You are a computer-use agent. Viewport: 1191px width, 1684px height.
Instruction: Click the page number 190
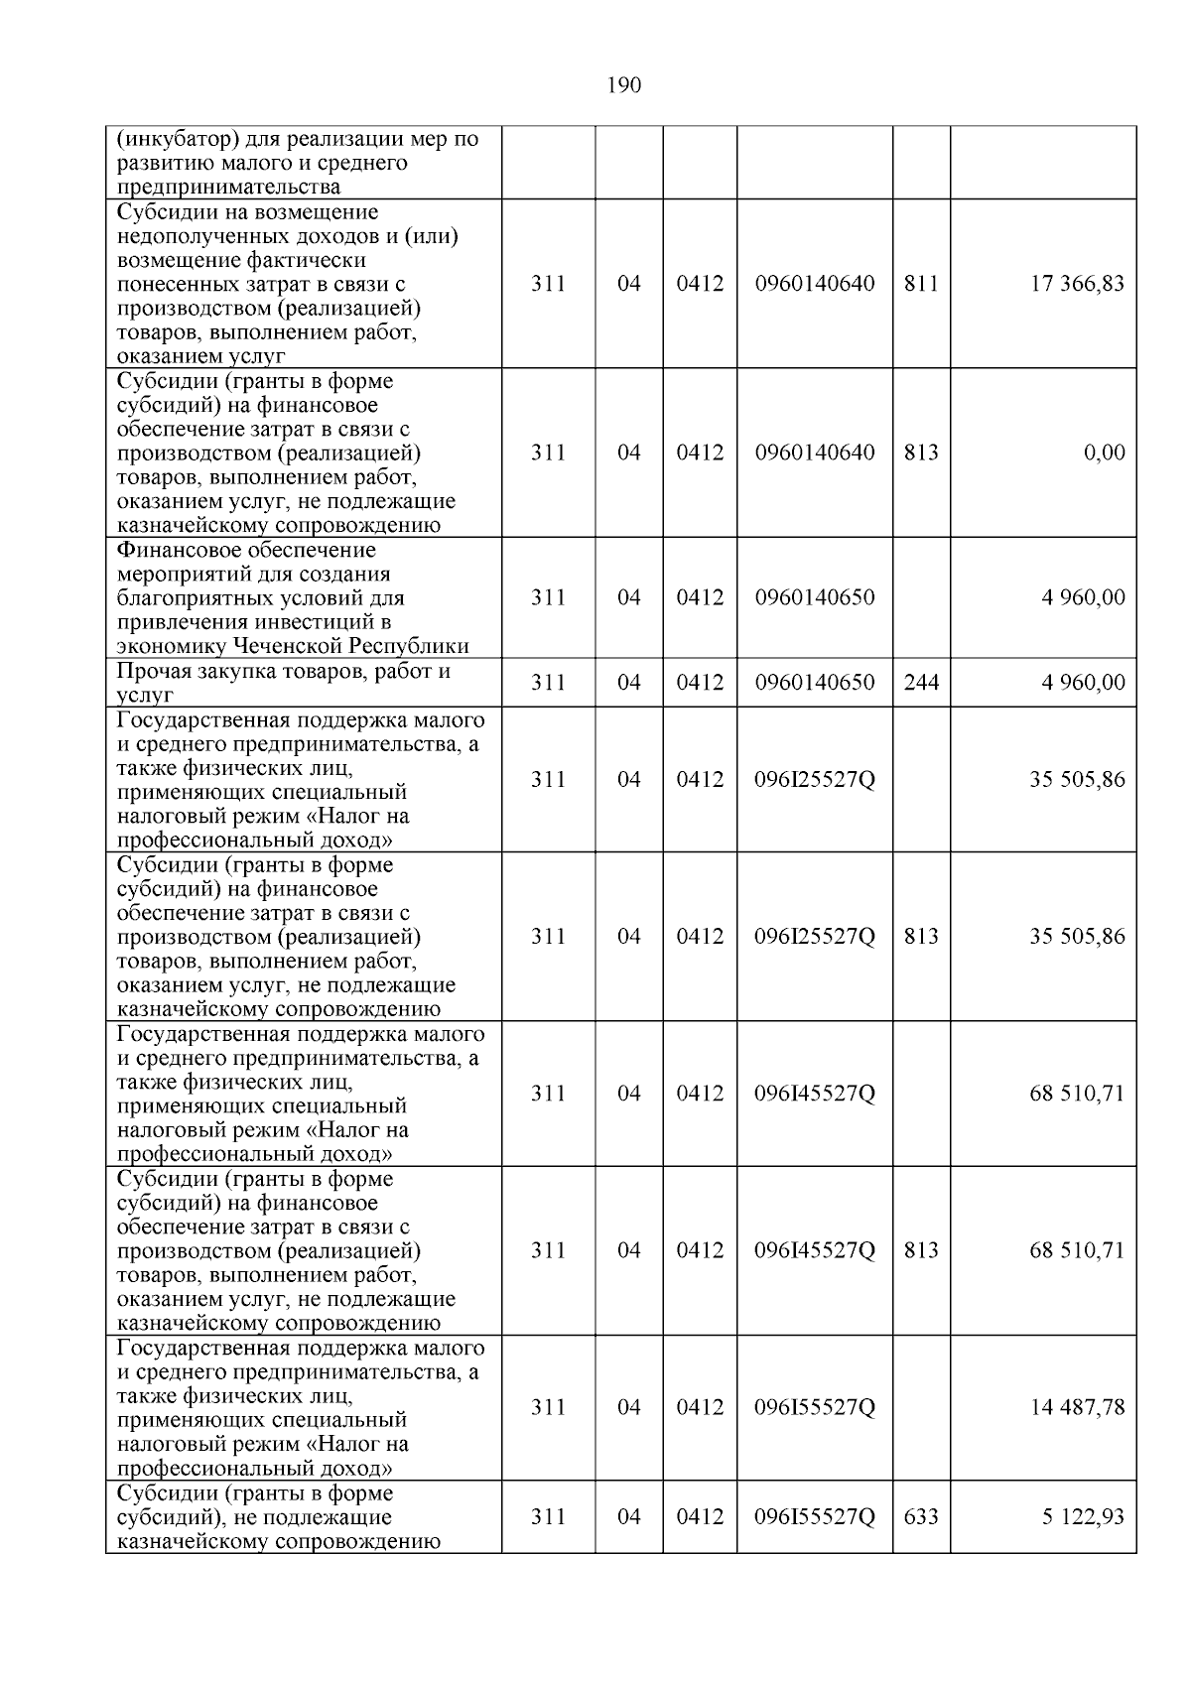(623, 85)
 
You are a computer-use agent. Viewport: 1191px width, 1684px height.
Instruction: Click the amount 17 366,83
(1077, 284)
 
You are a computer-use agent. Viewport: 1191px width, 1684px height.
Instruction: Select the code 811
(921, 284)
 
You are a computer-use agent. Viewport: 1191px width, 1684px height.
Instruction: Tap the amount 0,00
(1104, 453)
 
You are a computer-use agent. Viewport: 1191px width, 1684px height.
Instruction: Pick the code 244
(921, 682)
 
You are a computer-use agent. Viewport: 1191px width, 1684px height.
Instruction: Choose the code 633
(921, 1516)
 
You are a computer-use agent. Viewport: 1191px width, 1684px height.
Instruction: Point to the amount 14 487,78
(1077, 1407)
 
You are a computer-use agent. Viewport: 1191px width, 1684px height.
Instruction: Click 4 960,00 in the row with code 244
(1083, 682)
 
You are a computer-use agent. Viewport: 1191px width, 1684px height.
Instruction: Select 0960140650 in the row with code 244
(815, 682)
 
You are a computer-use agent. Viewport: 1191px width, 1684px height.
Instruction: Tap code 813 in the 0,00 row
(921, 453)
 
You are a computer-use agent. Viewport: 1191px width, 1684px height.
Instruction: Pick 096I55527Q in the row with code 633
(815, 1516)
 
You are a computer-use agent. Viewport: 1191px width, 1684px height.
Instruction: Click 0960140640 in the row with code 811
(815, 284)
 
